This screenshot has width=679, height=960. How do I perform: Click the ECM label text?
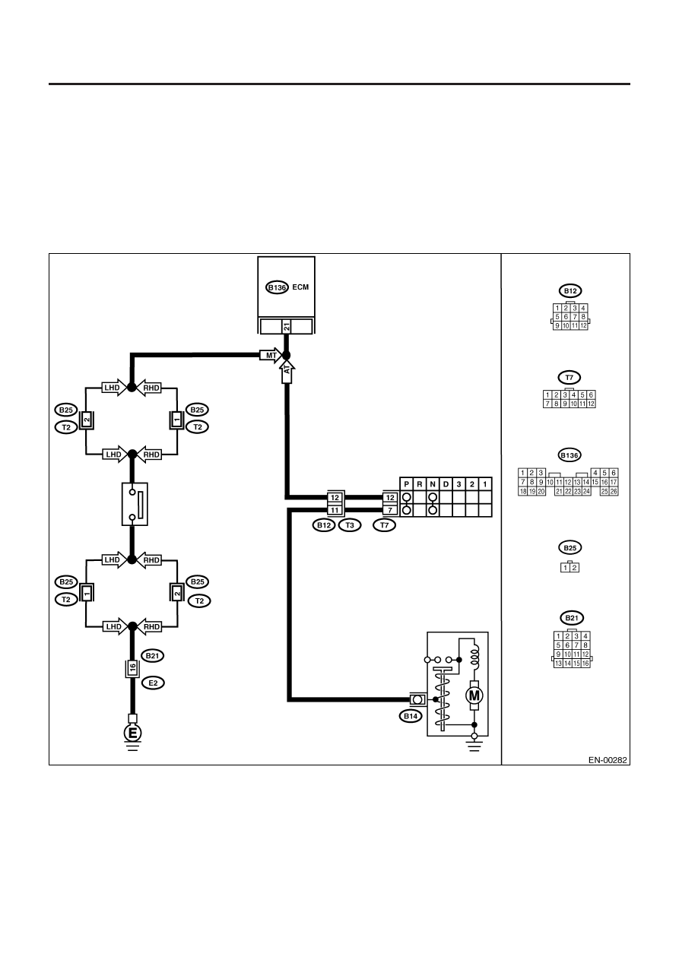pyautogui.click(x=300, y=287)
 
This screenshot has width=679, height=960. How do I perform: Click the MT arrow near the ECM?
pyautogui.click(x=271, y=355)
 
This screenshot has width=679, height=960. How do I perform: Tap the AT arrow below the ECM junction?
pyautogui.click(x=287, y=372)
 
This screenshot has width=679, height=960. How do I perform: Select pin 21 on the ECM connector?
pyautogui.click(x=287, y=327)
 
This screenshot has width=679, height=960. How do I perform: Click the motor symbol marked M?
pyautogui.click(x=474, y=695)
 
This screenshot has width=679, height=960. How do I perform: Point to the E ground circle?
pyautogui.click(x=132, y=733)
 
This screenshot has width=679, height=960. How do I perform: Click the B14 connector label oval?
pyautogui.click(x=411, y=716)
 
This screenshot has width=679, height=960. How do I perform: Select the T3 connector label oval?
pyautogui.click(x=350, y=525)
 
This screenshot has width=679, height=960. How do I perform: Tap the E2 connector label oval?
pyautogui.click(x=153, y=683)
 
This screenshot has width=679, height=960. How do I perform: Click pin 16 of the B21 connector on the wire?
pyautogui.click(x=132, y=667)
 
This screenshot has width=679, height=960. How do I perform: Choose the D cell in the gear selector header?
pyautogui.click(x=446, y=484)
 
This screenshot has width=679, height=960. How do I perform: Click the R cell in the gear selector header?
pyautogui.click(x=419, y=484)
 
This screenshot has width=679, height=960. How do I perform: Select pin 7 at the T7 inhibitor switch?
pyautogui.click(x=390, y=510)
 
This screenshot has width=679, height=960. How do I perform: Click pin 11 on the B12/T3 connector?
pyautogui.click(x=335, y=510)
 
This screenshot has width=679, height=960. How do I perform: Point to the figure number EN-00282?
pyautogui.click(x=608, y=760)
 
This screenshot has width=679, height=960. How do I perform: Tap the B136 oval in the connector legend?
pyautogui.click(x=570, y=455)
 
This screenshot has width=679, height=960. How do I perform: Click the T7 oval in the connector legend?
pyautogui.click(x=570, y=378)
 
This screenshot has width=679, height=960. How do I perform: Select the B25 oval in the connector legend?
pyautogui.click(x=570, y=548)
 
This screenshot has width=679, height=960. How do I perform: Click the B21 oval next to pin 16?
pyautogui.click(x=153, y=656)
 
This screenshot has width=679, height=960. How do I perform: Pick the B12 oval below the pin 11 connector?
pyautogui.click(x=324, y=525)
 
